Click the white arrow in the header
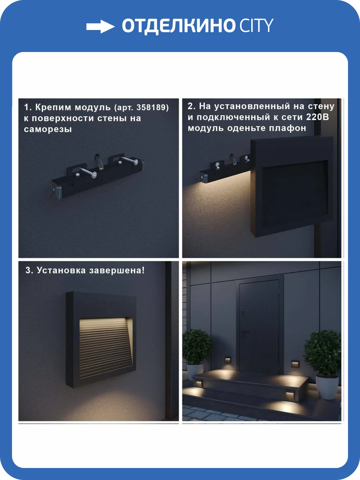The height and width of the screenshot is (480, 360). (100, 26)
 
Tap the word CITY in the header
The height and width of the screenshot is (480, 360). (256, 25)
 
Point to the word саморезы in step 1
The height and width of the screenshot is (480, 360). (48, 129)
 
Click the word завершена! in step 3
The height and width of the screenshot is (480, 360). (117, 270)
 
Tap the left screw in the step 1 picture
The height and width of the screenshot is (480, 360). (88, 172)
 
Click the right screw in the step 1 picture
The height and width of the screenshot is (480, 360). (130, 160)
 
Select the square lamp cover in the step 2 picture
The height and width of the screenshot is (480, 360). (292, 186)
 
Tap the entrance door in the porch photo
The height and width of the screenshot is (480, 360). (259, 326)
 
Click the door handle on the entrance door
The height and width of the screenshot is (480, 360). (244, 334)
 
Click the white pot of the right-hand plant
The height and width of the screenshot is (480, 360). (327, 387)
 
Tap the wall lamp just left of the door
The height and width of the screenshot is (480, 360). (228, 360)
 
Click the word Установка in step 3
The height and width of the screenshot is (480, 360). (61, 270)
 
